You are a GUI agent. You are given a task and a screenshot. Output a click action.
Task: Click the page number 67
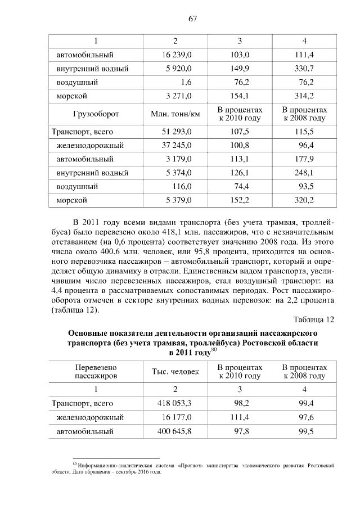click(x=192, y=19)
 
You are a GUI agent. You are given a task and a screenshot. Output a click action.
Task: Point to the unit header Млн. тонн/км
click(x=175, y=114)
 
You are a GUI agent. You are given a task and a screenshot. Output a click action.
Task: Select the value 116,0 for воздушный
click(x=182, y=186)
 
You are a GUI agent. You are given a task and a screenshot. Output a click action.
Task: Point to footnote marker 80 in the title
click(x=214, y=350)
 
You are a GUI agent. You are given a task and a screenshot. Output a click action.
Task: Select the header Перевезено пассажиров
click(x=96, y=371)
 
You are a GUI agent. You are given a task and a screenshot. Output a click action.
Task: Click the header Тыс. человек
click(x=175, y=372)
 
